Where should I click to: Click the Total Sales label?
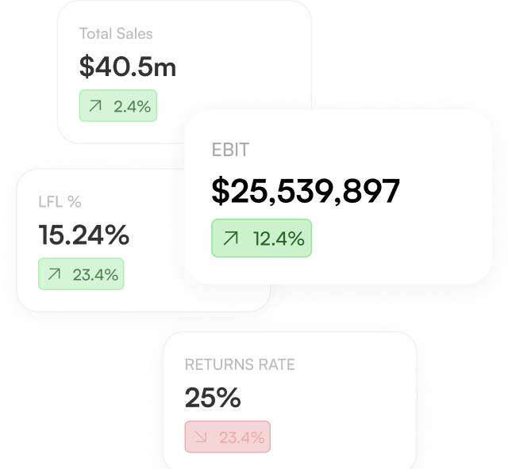pos(116,33)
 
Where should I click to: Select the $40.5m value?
pos(128,67)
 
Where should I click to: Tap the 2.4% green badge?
pos(118,106)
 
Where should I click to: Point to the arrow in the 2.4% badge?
pos(95,106)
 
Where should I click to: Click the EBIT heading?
pos(230,150)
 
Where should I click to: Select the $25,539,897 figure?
pos(306,191)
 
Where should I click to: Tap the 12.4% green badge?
pos(261,238)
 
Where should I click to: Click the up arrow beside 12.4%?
pos(231,238)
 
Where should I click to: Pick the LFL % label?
pos(60,202)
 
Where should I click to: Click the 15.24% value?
pos(84,234)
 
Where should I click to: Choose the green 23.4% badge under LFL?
pos(81,274)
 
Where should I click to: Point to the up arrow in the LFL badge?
pos(54,274)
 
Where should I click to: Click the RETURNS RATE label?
pos(240,364)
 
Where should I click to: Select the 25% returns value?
pos(213,397)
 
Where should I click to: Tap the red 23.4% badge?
pos(228,437)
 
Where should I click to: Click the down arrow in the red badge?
pos(201,437)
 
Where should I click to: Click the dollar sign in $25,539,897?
pos(221,190)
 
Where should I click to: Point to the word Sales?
pos(134,33)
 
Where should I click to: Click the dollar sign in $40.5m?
pos(87,67)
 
